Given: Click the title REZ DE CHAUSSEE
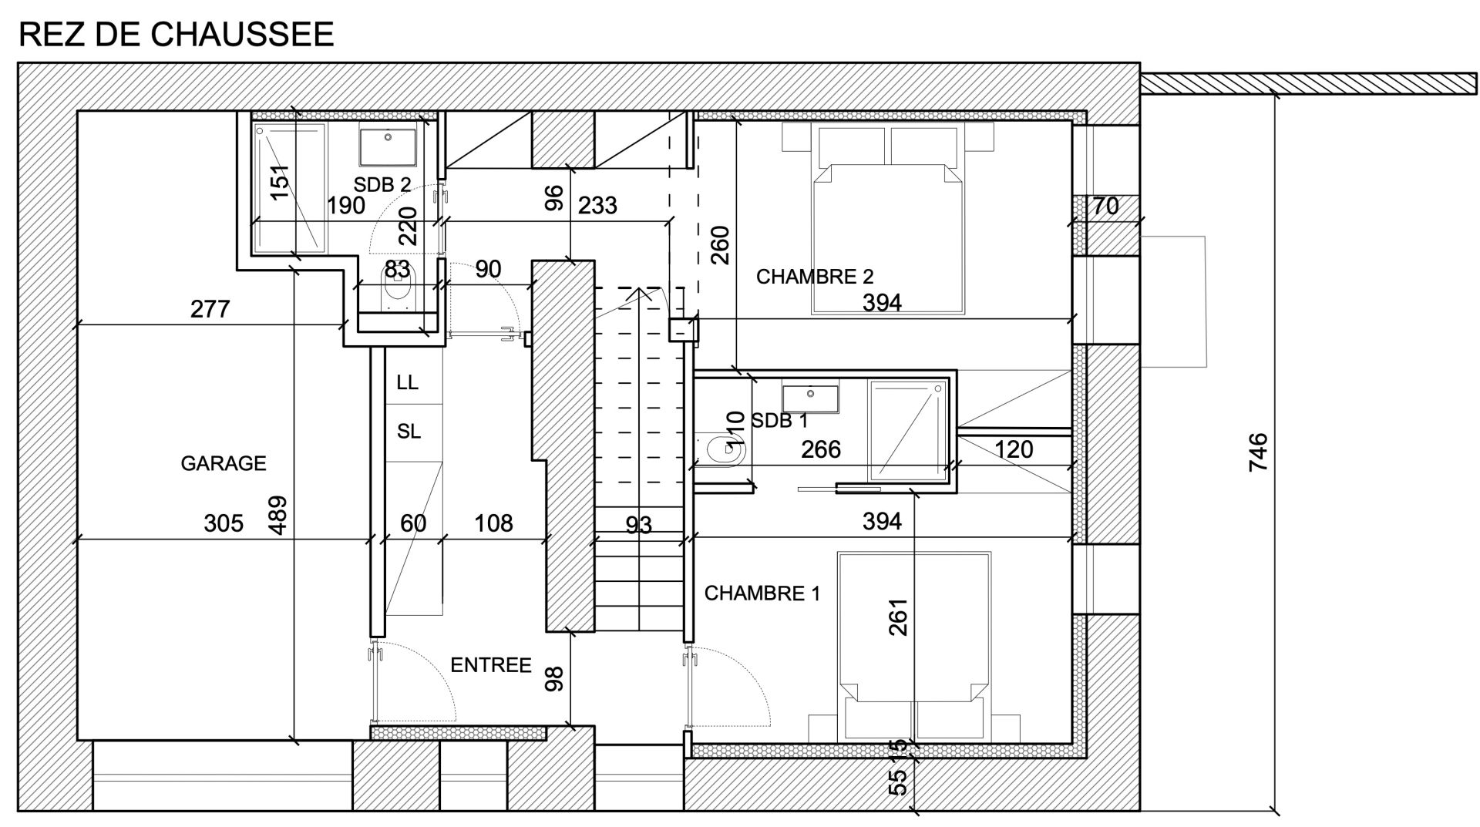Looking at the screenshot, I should coord(176,35).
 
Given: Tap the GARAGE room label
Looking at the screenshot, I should coord(224,463).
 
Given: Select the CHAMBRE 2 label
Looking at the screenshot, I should coord(815,277).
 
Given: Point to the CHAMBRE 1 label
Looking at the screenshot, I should coord(762,593).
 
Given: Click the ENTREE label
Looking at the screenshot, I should coord(491,665).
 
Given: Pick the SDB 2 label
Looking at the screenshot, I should coord(382,185).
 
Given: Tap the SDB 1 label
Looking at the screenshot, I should coord(779,421).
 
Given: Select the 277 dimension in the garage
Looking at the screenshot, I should coord(210,309).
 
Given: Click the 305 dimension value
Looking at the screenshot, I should coord(224,523).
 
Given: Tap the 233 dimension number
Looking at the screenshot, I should coord(597,205).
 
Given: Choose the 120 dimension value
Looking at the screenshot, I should coord(1014,449).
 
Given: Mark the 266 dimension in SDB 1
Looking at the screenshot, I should coord(820,449).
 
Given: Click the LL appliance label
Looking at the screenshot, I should coord(408,382).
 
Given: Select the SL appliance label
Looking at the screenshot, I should coord(409,432).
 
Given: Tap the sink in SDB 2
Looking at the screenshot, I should coord(388,147).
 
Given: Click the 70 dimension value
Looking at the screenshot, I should coord(1105,207).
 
